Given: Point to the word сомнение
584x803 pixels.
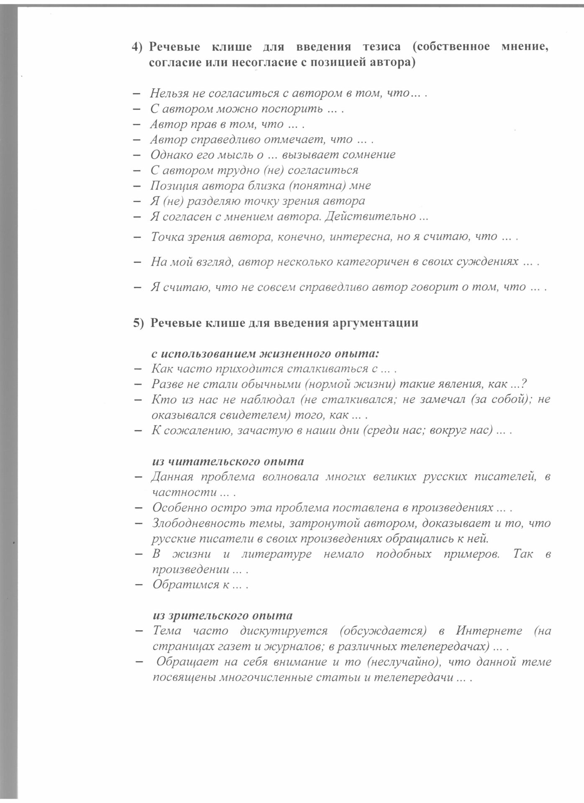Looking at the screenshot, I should pos(369,155).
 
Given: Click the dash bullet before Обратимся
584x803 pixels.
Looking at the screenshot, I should pos(139,585).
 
